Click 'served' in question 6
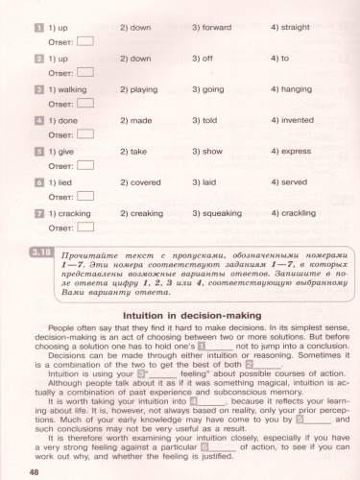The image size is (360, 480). tap(294, 181)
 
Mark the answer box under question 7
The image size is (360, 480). tap(84, 228)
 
